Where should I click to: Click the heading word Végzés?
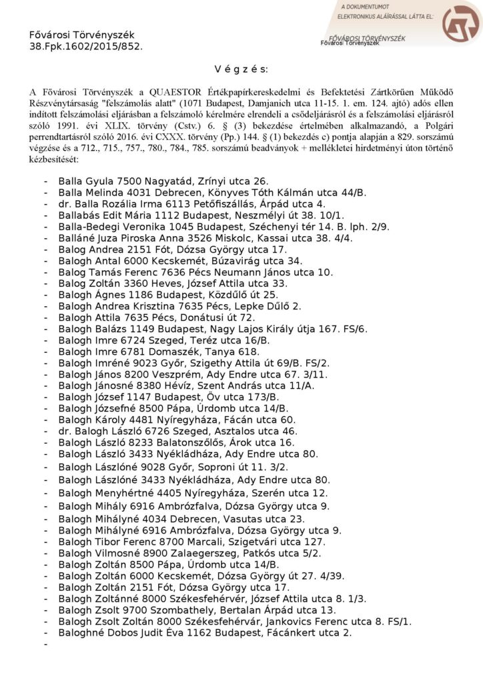(241, 69)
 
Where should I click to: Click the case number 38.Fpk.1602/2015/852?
(86, 47)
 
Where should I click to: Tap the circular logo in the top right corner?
(461, 24)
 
